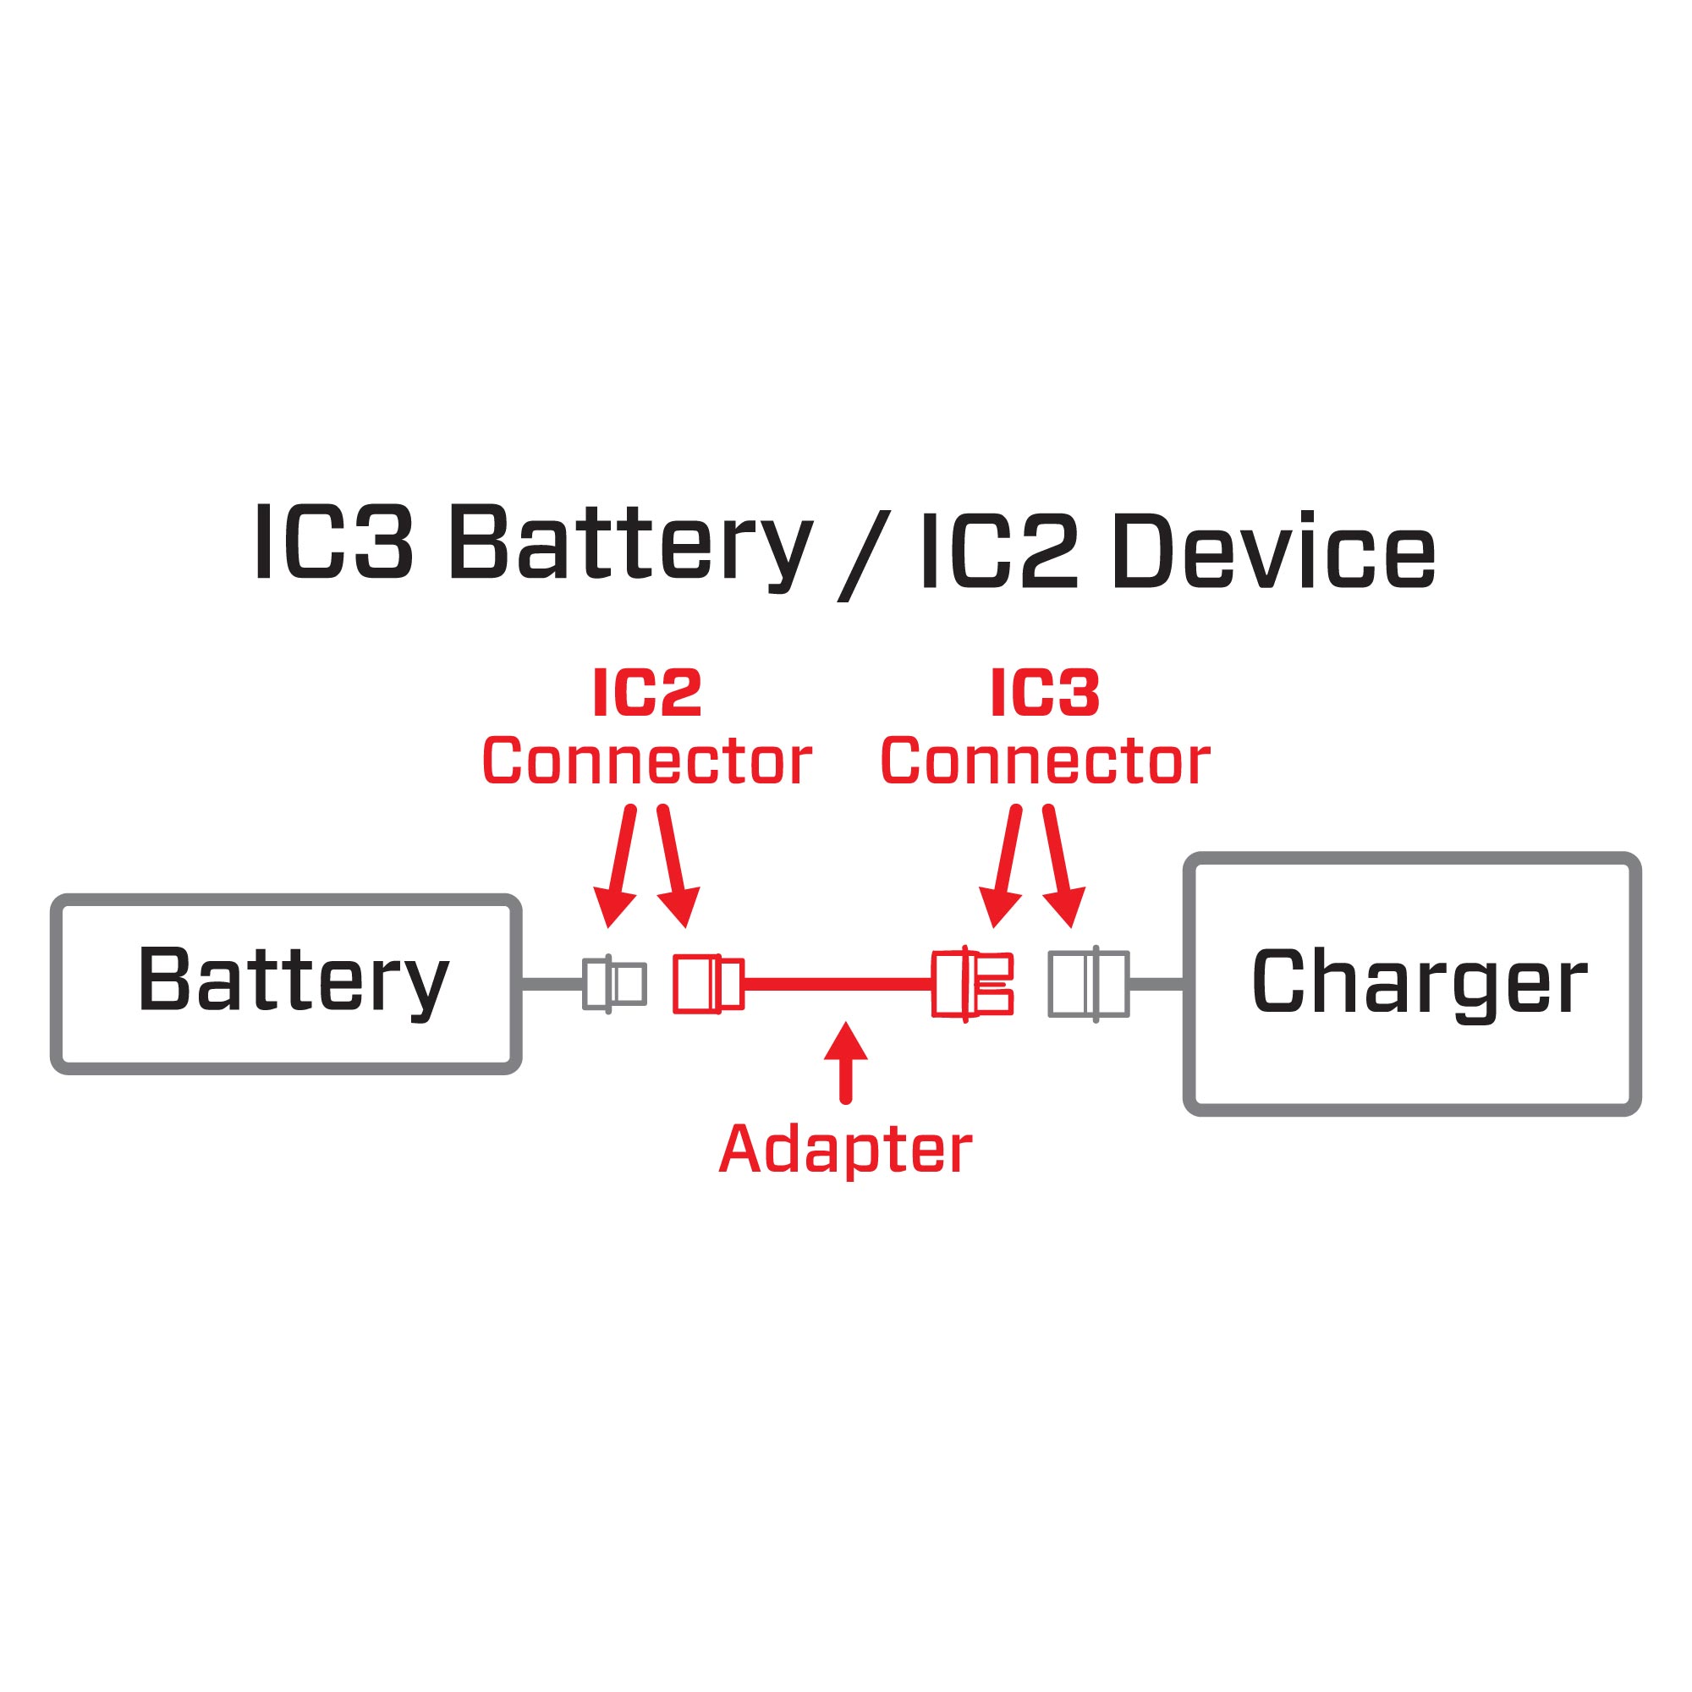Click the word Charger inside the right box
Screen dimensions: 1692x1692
pos(1419,982)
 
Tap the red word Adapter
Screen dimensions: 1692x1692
pos(845,1149)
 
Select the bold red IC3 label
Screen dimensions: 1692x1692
pos(1044,694)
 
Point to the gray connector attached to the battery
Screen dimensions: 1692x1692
pos(614,984)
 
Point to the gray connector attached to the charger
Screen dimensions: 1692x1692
pos(1089,984)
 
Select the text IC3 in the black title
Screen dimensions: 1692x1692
pos(332,543)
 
